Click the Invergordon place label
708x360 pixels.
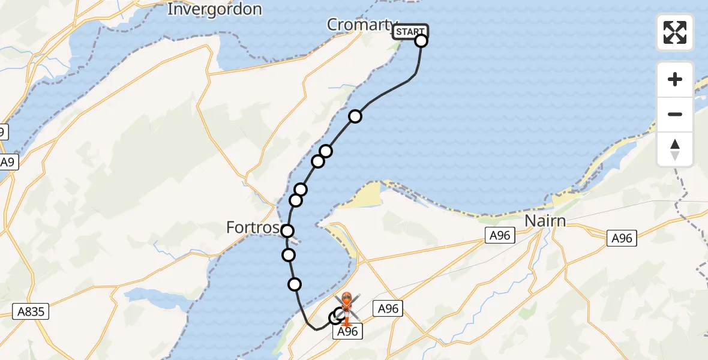pos(214,10)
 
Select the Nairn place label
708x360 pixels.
pos(545,221)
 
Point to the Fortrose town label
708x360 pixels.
pos(253,228)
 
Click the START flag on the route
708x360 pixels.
pos(410,31)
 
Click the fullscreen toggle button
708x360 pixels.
pos(675,32)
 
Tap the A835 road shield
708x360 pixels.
pos(31,311)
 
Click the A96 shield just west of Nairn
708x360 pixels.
pos(499,236)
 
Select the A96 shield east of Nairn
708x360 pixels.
pos(622,238)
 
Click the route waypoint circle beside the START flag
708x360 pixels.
pos(421,41)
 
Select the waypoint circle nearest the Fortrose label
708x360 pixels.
pos(287,231)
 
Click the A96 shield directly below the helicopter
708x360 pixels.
pos(347,332)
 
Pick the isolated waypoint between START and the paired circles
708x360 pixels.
pos(355,116)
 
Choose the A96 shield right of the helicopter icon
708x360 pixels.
pos(388,309)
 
